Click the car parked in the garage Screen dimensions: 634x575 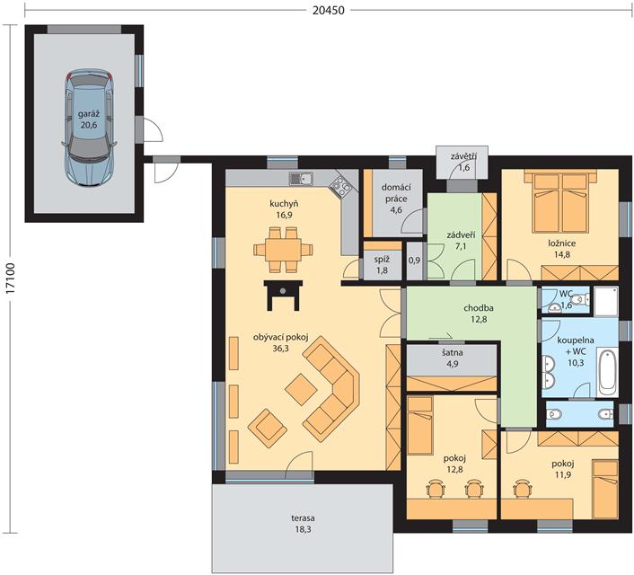[89, 128]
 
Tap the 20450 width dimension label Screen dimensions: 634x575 [329, 10]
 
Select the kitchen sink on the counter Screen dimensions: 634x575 [301, 179]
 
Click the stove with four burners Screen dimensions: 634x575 [340, 187]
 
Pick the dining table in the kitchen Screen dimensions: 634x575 [283, 249]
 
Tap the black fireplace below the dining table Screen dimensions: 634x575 [283, 295]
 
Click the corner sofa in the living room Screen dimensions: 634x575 [330, 385]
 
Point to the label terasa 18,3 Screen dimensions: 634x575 [303, 524]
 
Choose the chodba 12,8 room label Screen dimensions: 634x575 [479, 314]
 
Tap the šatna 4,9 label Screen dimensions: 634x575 [452, 358]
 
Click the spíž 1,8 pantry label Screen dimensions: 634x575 [382, 264]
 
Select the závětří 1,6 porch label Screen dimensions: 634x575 [463, 162]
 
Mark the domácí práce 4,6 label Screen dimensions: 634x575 [396, 199]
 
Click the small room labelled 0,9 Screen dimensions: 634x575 [415, 261]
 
